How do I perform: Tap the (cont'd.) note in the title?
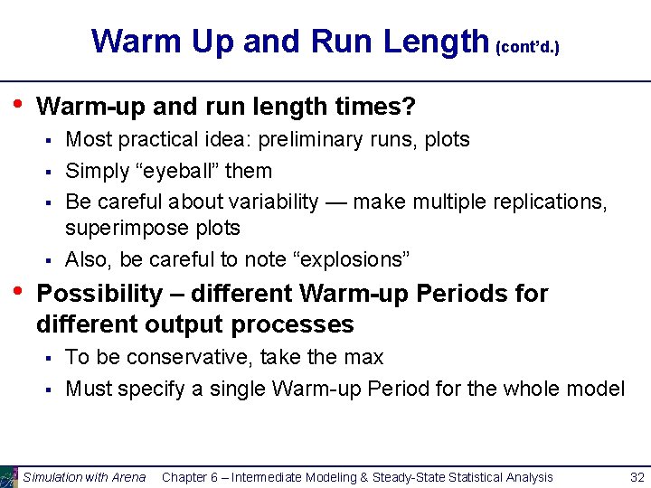pyautogui.click(x=528, y=46)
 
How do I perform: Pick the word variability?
pyautogui.click(x=269, y=201)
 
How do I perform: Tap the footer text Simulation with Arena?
pyautogui.click(x=84, y=477)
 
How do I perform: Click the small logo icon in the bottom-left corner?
pyautogui.click(x=9, y=476)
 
